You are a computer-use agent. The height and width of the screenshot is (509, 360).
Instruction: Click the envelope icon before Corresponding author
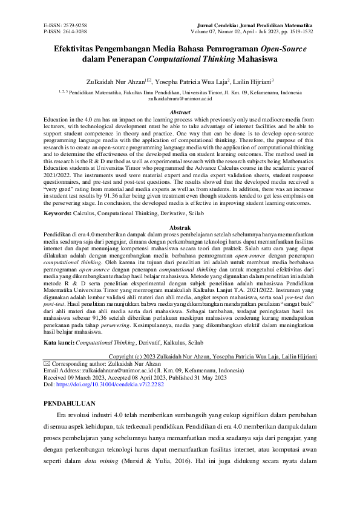coord(48,364)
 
